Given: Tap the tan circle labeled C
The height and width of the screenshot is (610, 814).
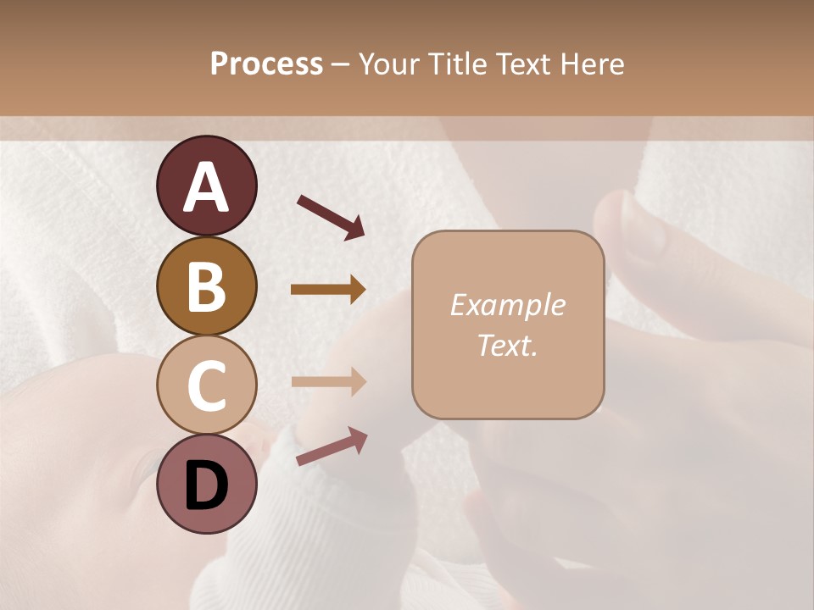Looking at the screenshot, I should point(206,385).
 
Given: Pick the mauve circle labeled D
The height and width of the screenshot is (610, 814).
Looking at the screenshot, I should point(206,485).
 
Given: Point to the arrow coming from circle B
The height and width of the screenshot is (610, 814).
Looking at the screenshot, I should point(328,290).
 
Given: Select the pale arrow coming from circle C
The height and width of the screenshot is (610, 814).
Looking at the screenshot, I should point(328,381).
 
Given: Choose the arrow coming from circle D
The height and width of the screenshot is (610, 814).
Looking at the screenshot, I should point(332,447).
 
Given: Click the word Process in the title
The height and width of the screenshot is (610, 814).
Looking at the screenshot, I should point(266,64).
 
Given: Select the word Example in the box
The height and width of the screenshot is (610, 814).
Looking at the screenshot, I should point(507,305).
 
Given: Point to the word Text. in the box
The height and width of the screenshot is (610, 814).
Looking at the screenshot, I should point(507,346).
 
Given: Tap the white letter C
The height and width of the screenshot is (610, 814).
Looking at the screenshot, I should point(206,386).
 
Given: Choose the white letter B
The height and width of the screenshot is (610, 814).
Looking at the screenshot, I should point(206,286).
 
